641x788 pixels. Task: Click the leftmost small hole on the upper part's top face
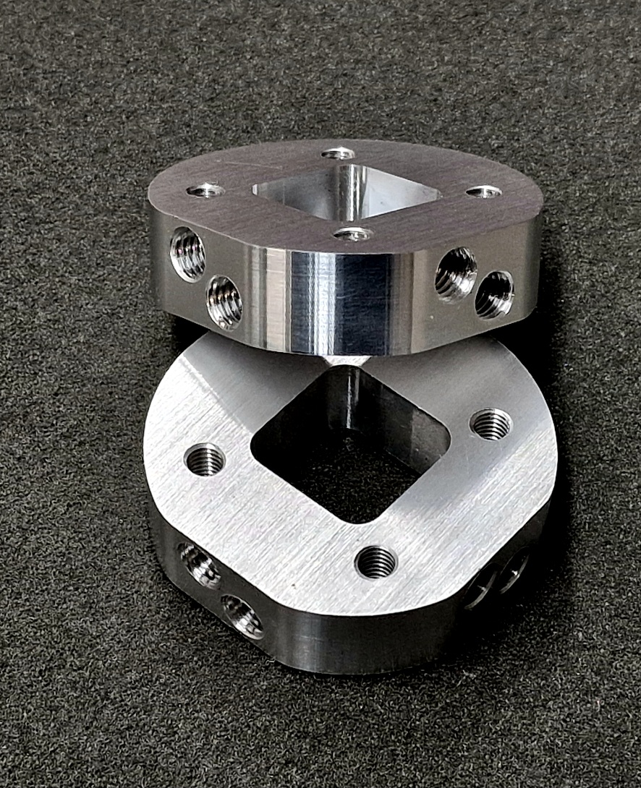[x=205, y=191]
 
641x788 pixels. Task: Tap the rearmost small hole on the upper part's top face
[x=339, y=153]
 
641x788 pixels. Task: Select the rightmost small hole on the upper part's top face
[x=483, y=192]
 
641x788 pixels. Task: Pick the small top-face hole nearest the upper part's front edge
[x=353, y=234]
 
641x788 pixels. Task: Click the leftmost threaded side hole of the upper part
[x=187, y=254]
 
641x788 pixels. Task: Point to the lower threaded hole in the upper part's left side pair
[x=224, y=302]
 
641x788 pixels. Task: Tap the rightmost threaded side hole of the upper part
[x=495, y=294]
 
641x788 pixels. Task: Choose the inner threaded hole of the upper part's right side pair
[x=456, y=273]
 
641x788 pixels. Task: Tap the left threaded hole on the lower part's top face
[x=205, y=459]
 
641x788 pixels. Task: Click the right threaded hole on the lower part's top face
[x=491, y=424]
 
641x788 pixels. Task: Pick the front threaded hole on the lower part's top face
[x=376, y=562]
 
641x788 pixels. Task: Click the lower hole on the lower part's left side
[x=243, y=617]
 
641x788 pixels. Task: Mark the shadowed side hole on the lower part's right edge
[x=499, y=578]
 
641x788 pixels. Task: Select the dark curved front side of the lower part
[x=362, y=643]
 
